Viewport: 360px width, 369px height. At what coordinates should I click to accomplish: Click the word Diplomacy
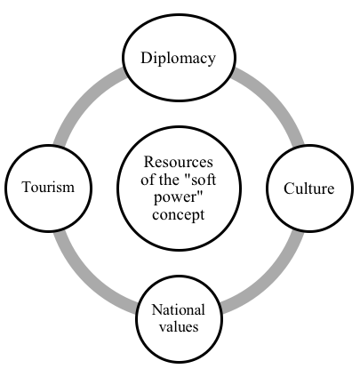178,59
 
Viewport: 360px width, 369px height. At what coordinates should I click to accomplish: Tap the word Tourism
48,187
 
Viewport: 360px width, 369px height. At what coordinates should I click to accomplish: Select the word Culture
309,189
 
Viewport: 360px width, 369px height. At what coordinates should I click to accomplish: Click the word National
178,309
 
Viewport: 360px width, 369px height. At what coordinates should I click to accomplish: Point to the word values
179,326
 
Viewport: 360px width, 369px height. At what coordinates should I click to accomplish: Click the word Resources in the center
179,162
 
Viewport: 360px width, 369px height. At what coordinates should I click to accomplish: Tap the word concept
179,215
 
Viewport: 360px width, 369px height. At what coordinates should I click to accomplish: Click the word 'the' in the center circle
171,180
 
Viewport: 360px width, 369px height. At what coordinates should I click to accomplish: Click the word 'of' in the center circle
148,180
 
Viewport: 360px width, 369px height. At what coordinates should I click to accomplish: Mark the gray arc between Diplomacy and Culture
275,100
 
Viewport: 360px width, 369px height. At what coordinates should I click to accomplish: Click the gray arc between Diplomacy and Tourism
83,100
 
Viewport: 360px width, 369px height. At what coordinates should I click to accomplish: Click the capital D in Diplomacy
147,58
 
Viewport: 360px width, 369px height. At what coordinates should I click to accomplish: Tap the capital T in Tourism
27,187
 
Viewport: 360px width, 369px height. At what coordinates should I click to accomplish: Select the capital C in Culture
289,189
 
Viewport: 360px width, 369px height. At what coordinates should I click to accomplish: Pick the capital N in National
157,309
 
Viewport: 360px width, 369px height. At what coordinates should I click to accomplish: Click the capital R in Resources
149,162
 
